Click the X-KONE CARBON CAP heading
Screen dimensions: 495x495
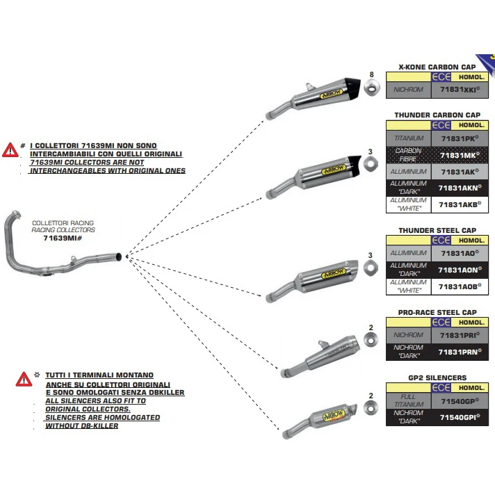pos(437,67)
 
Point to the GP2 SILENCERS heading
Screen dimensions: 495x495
pos(437,378)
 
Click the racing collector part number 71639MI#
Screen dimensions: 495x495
pos(63,238)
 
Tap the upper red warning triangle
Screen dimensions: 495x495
pos(10,149)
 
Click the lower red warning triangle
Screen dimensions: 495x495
pos(24,380)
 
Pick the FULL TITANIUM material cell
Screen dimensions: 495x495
pos(407,401)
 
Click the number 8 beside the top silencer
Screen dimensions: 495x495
pos(371,74)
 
